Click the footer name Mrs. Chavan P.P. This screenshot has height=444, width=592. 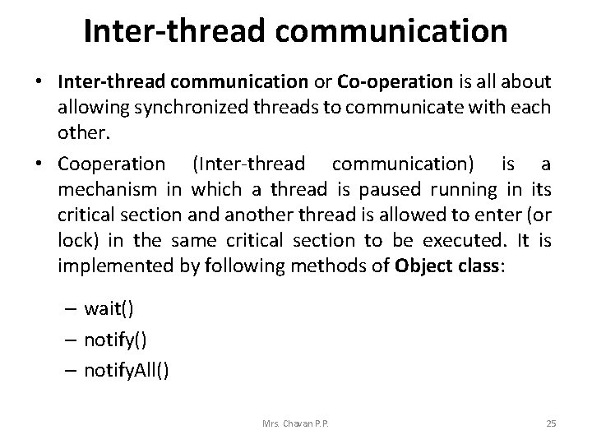[x=294, y=423]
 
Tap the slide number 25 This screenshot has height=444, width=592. [x=551, y=423]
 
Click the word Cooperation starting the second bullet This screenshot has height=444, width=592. [x=112, y=165]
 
